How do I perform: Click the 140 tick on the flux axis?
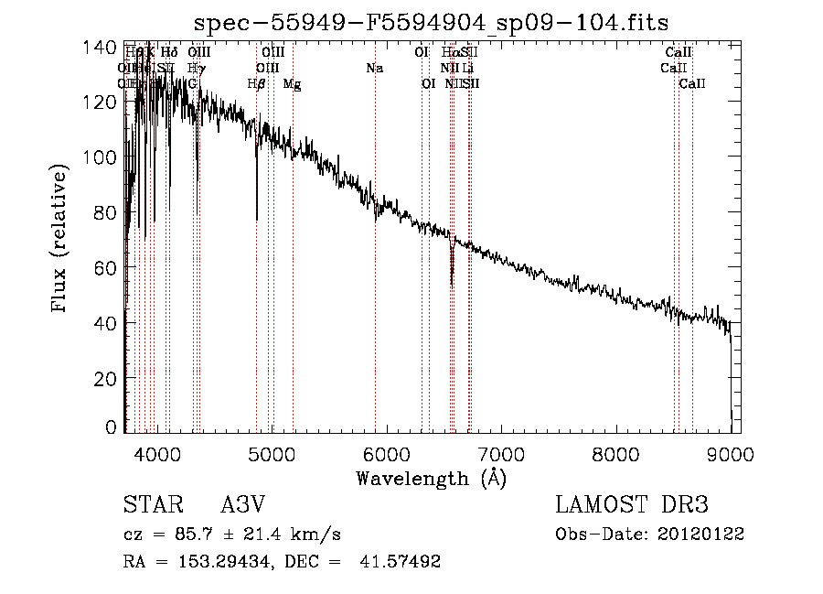(x=106, y=47)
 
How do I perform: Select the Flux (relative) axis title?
(x=61, y=239)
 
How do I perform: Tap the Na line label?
(x=374, y=69)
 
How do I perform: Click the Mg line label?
(x=292, y=84)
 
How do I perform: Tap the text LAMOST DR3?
(x=631, y=504)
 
